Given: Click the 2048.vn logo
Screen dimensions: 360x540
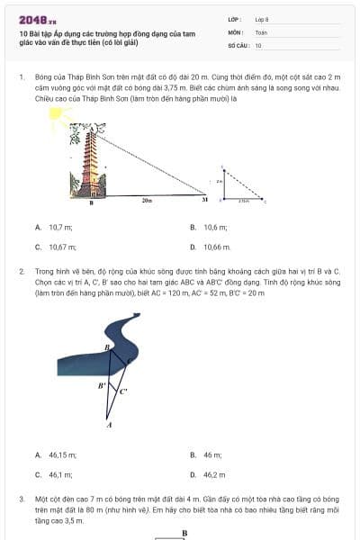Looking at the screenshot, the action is tap(38, 19).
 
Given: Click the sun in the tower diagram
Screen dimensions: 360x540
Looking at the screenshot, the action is tap(60, 118).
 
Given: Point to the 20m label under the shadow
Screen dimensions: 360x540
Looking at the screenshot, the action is tap(147, 201).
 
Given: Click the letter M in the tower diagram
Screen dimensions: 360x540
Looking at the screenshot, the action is tap(204, 200).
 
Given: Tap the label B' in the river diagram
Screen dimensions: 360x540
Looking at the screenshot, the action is tap(103, 384).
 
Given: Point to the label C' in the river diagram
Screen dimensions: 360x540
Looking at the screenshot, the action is tap(123, 391).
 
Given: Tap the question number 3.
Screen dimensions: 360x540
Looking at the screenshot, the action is tap(21, 498).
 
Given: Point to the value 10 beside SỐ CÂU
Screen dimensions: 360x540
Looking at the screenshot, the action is tap(258, 44).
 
